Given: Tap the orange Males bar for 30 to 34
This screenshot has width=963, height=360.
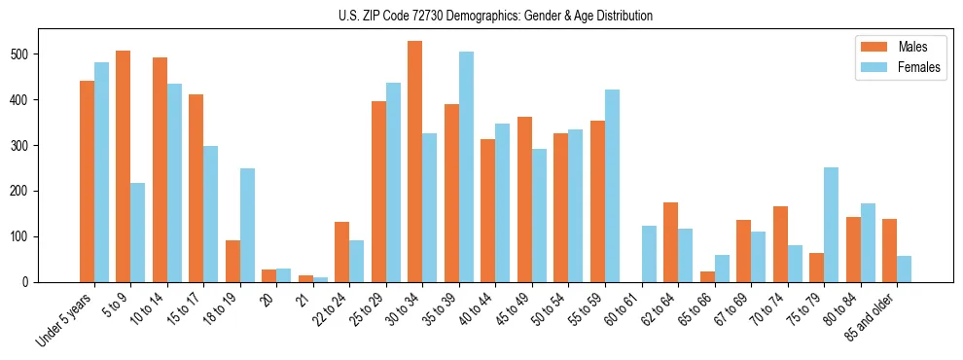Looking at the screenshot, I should coord(414,162).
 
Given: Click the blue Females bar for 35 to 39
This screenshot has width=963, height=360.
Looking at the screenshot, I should coord(466,167).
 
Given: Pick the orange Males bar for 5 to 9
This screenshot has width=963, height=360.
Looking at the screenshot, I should coord(123,166).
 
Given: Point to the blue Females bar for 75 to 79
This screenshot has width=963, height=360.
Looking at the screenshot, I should coord(831,225).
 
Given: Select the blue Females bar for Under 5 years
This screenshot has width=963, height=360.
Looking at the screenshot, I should coord(101,172).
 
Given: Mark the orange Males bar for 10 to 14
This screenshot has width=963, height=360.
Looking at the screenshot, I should coord(160,169).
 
